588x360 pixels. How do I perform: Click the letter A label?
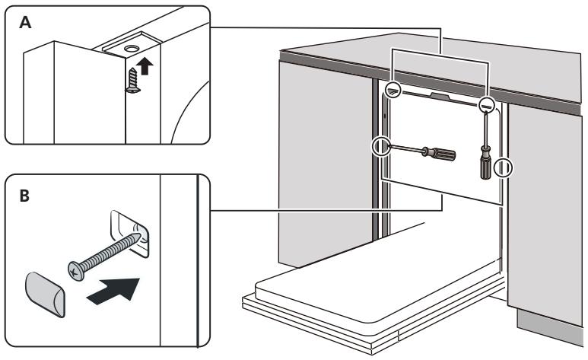tap(25, 23)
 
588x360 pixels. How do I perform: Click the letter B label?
tap(24, 196)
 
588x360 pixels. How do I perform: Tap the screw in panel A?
tap(133, 80)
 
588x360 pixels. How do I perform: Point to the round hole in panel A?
tap(132, 49)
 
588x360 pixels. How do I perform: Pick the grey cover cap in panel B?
tap(45, 295)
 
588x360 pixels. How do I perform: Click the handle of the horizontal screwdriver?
tap(439, 153)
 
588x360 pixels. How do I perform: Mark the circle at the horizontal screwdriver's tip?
tap(380, 146)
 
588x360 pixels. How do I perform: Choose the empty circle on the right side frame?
tap(503, 167)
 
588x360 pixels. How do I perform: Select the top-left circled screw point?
tap(393, 89)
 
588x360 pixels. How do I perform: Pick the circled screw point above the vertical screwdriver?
tap(486, 105)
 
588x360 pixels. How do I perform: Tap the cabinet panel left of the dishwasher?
tap(326, 161)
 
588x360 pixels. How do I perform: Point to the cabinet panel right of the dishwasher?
tap(545, 214)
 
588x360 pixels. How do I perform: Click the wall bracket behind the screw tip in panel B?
tap(130, 234)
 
